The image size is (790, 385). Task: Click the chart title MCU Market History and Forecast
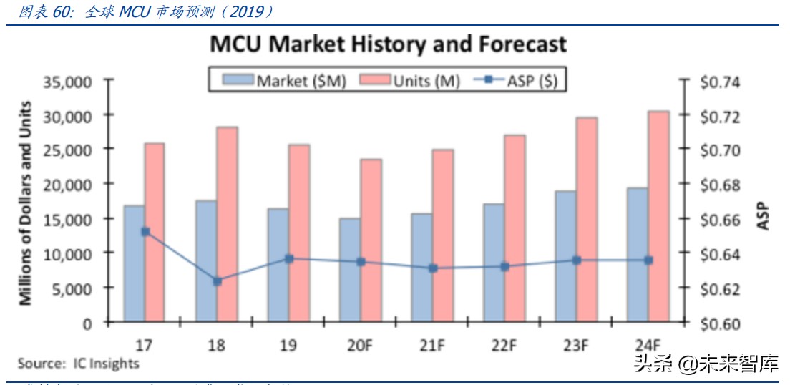(x=388, y=44)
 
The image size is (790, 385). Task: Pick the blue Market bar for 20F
(x=350, y=270)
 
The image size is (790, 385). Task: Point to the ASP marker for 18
(x=218, y=281)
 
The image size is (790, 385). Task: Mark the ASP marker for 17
(x=145, y=232)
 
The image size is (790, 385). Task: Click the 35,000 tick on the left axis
(x=68, y=82)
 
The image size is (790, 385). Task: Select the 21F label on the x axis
(x=432, y=345)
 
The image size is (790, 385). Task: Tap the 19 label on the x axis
(x=288, y=345)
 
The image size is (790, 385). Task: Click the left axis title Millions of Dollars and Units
(x=26, y=203)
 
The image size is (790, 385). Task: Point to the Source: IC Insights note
(x=78, y=364)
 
